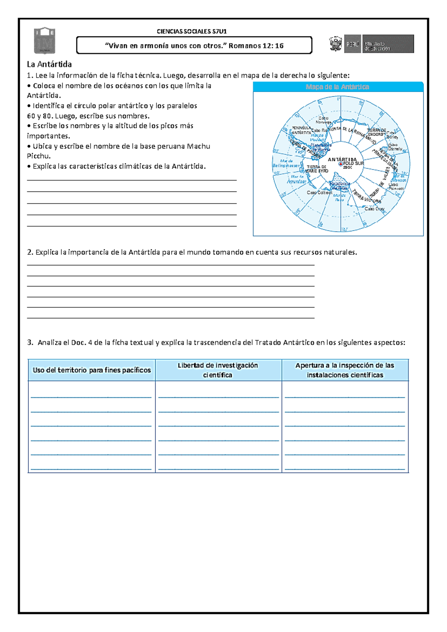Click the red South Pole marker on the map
click(340, 164)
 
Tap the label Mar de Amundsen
click(297, 179)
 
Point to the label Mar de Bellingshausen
click(286, 163)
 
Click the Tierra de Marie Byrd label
click(317, 169)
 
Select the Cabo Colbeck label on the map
click(319, 193)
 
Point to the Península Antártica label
click(301, 130)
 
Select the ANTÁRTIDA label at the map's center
click(342, 159)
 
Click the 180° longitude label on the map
click(344, 229)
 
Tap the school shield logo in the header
click(45, 40)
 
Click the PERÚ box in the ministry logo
click(352, 44)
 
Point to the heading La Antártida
click(49, 64)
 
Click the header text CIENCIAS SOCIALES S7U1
click(191, 31)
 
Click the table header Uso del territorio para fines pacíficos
click(92, 370)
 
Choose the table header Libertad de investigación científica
click(218, 370)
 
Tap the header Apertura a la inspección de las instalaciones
click(345, 370)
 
